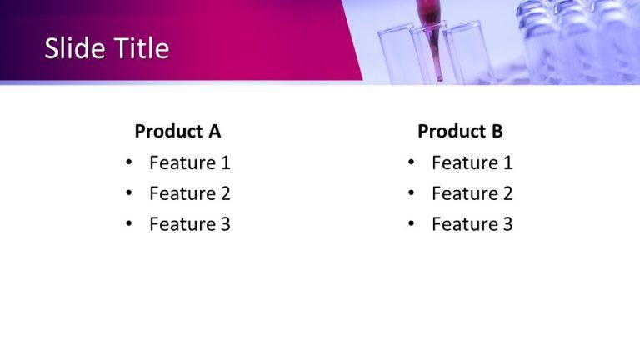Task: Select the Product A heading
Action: (x=177, y=132)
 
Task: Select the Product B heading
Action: (x=460, y=132)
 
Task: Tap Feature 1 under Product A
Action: (x=189, y=163)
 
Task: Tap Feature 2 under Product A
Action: (x=189, y=194)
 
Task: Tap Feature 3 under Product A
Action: (x=189, y=224)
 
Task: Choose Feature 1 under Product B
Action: (x=472, y=163)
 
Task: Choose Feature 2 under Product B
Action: (x=472, y=194)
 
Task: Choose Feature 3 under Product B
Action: (x=472, y=224)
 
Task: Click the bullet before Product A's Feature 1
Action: (x=128, y=163)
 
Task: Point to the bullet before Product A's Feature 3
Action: (x=128, y=224)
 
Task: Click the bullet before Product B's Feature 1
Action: (x=411, y=163)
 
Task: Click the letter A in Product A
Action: (x=214, y=132)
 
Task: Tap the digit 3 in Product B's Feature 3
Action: (x=507, y=224)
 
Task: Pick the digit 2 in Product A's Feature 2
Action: (x=225, y=194)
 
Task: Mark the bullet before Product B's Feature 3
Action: (x=411, y=224)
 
